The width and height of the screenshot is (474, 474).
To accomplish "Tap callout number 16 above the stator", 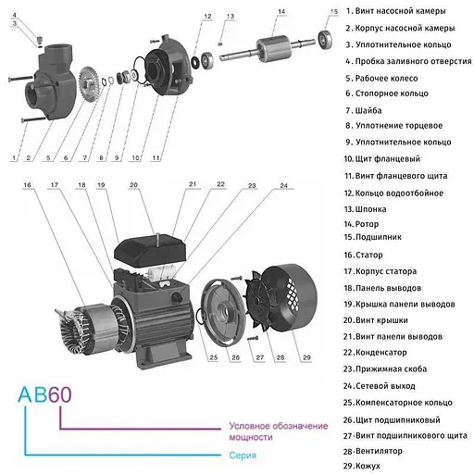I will [28, 186].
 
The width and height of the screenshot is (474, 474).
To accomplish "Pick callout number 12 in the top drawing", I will [207, 16].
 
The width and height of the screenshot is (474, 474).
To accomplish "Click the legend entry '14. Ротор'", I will [366, 223].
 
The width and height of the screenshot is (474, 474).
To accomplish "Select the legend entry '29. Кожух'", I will [367, 466].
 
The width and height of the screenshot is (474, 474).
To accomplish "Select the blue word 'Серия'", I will [243, 455].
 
